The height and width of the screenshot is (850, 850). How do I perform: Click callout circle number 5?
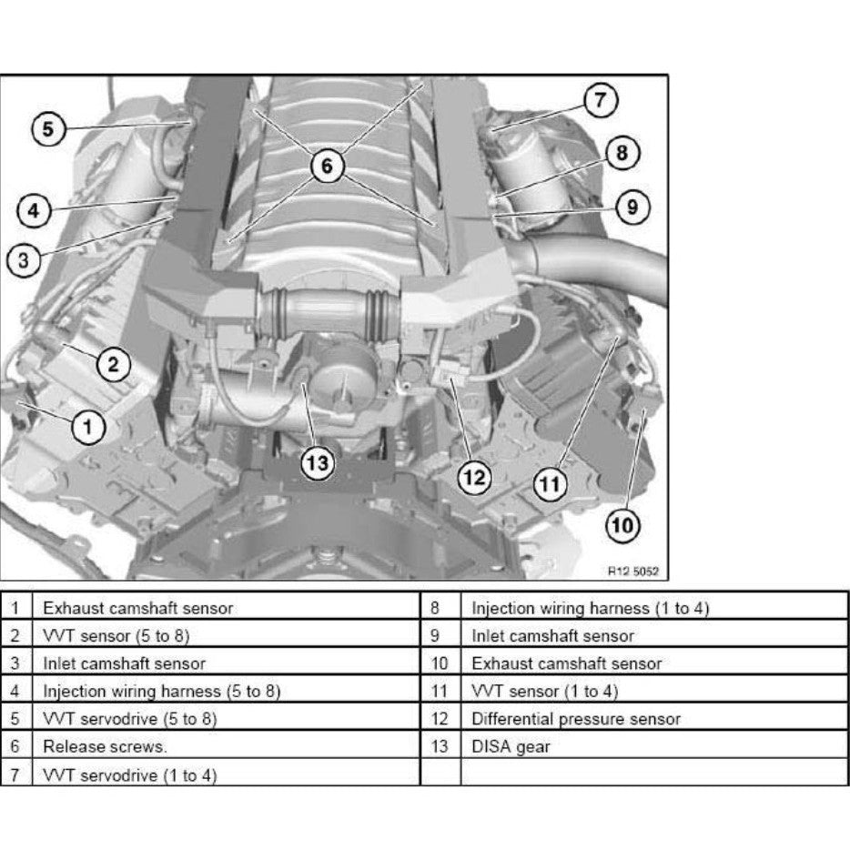[48, 129]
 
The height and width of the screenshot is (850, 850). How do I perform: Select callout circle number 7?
[600, 100]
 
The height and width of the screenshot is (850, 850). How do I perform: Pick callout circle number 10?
[623, 525]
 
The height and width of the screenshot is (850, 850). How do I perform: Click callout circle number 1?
[87, 425]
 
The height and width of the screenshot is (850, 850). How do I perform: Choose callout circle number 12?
[473, 475]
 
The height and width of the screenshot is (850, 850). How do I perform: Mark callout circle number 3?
[24, 260]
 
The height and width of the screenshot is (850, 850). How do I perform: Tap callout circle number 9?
[632, 207]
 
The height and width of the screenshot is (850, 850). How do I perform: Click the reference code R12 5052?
[632, 572]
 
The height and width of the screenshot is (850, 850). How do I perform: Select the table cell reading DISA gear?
[511, 747]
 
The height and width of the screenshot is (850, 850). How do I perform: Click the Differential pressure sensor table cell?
[575, 719]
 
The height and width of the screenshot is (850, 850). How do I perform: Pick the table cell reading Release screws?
[105, 747]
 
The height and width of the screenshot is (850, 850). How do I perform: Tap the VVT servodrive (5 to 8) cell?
[130, 719]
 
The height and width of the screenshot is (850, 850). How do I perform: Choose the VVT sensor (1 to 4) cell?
[544, 692]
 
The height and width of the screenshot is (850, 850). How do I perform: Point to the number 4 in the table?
[15, 692]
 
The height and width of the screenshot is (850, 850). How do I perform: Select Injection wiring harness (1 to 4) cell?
[589, 608]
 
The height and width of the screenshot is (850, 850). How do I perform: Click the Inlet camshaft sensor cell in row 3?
[124, 663]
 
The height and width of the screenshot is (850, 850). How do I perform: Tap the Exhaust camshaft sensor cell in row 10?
[566, 663]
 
